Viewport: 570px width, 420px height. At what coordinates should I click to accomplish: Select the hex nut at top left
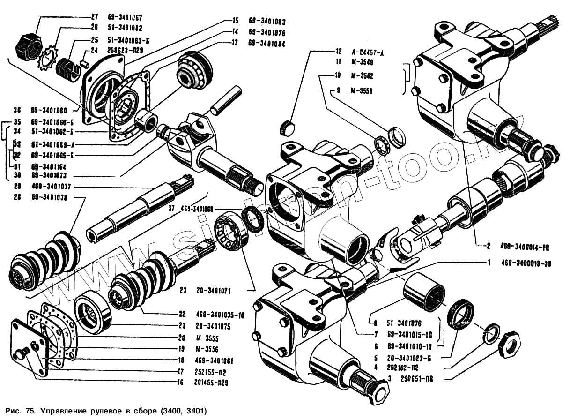tap(26, 45)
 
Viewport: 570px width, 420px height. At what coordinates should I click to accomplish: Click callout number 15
tap(235, 21)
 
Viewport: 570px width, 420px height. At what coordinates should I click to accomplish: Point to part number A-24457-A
tap(367, 52)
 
